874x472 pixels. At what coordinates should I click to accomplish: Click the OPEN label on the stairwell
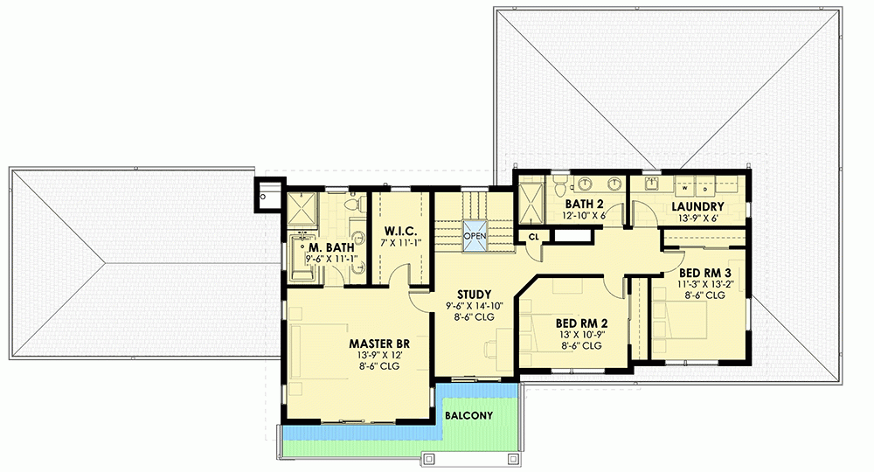click(x=475, y=236)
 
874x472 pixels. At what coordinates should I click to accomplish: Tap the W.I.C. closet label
click(x=400, y=231)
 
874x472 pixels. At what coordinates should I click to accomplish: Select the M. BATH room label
click(x=331, y=247)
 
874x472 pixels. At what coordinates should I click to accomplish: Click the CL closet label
click(x=533, y=237)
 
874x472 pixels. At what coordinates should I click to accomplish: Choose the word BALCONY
click(x=468, y=415)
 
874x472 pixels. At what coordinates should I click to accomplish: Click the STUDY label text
click(x=475, y=295)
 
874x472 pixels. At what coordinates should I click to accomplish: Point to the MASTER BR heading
click(x=379, y=344)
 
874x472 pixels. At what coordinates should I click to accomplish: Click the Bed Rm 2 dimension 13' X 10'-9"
click(x=581, y=335)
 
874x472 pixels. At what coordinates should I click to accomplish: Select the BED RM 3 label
click(x=705, y=273)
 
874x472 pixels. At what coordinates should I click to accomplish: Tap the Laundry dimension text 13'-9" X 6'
click(x=697, y=219)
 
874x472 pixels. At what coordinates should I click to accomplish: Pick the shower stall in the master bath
click(x=303, y=211)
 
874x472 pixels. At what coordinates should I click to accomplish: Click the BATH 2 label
click(x=584, y=204)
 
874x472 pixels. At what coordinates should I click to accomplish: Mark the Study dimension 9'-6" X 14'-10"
click(x=475, y=306)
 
